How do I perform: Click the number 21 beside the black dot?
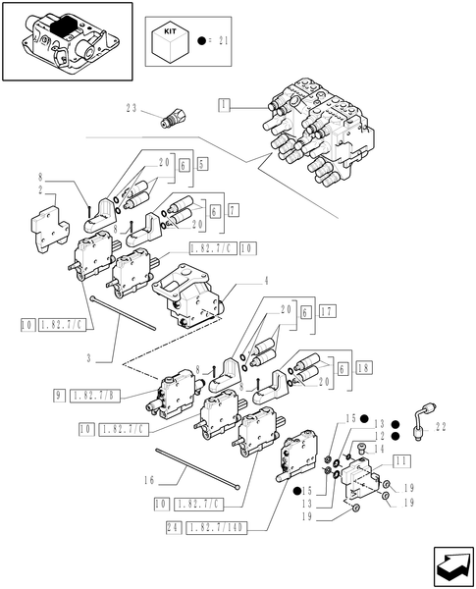click(x=222, y=42)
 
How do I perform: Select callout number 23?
click(x=134, y=109)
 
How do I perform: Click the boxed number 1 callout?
click(x=225, y=103)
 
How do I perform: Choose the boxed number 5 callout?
click(x=202, y=164)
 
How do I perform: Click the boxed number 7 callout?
click(x=233, y=210)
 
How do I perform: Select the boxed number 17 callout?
click(x=327, y=311)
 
